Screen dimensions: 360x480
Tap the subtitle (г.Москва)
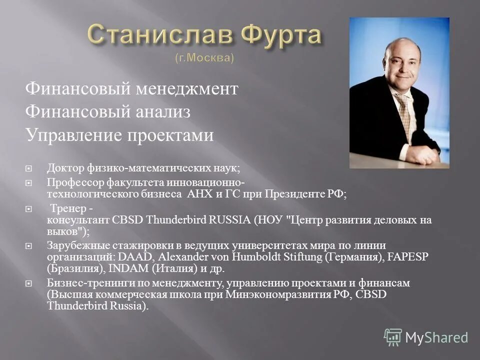204,58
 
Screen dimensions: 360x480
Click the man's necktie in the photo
403,110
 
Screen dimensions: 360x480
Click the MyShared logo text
436,337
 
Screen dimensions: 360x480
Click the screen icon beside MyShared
393,337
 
